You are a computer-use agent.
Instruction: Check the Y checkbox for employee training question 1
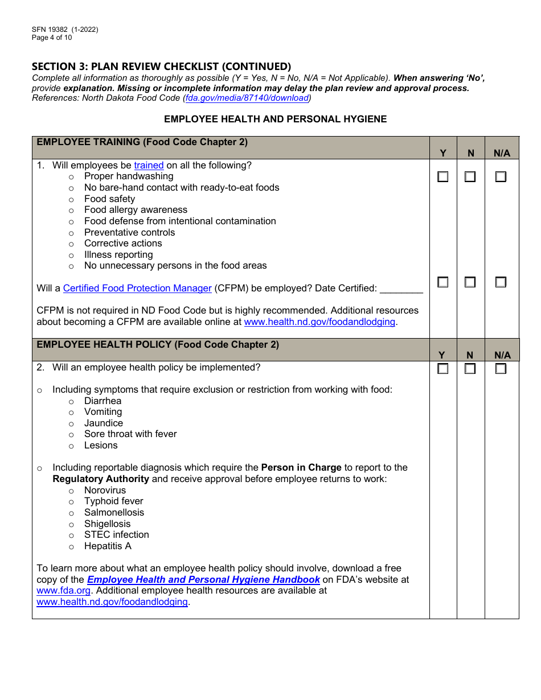pos(442,177)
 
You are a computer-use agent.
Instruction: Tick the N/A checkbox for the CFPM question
pos(501,282)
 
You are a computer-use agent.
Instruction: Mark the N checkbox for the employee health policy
pos(470,369)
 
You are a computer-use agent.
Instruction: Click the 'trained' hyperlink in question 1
pos(149,166)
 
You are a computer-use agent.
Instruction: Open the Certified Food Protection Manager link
pos(137,289)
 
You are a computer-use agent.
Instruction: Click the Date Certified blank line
pos(401,289)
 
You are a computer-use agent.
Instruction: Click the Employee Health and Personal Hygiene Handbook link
pos(203,580)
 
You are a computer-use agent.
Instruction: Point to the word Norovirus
pos(105,491)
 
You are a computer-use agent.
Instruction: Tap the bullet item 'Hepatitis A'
pos(108,546)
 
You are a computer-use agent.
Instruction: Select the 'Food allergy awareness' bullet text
pos(136,210)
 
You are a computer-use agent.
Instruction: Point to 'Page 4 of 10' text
pos(52,38)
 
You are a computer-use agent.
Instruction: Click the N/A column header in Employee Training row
pos(502,153)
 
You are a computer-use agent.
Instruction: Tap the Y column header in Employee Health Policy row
pos(442,355)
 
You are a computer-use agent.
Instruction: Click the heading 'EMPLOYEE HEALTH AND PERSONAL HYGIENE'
pos(275,120)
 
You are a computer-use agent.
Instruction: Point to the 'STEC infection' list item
pos(116,535)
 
